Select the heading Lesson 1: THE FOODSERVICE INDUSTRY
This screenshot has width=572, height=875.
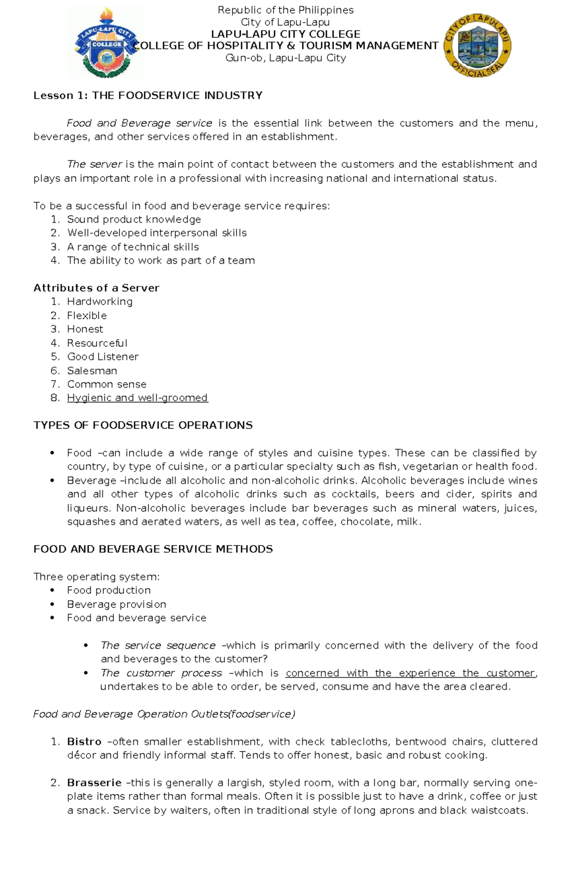point(148,95)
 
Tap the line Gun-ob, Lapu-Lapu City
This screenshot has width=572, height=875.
point(286,58)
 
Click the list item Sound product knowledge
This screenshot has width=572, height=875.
point(134,219)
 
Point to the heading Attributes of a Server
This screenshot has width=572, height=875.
point(96,288)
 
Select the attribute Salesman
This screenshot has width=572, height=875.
point(92,371)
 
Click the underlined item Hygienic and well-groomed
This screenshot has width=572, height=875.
point(137,398)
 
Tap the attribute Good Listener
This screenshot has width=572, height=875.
point(103,357)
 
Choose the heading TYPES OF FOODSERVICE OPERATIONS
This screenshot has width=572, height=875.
point(143,425)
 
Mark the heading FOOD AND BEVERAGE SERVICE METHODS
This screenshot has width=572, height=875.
point(153,549)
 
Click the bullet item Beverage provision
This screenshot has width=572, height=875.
point(117,604)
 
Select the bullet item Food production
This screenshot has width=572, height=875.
point(109,590)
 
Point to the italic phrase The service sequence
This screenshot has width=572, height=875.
point(158,646)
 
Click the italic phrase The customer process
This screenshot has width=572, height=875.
point(161,673)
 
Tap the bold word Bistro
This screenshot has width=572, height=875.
point(84,742)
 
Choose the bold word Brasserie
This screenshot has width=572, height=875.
point(94,783)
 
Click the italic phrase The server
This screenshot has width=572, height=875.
point(94,165)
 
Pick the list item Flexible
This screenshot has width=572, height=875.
point(87,316)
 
